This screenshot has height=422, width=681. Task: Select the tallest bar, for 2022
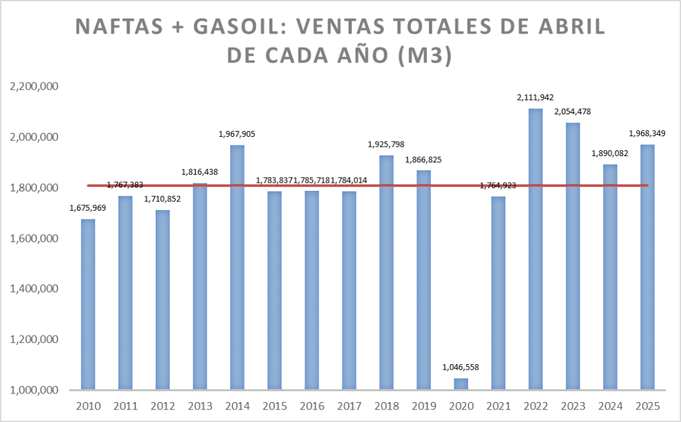click(x=535, y=249)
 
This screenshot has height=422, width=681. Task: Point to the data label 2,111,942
click(x=535, y=98)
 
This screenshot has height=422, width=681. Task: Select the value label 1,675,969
click(x=88, y=208)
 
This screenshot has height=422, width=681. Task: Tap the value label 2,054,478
click(x=573, y=112)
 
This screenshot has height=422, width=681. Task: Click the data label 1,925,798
click(x=386, y=144)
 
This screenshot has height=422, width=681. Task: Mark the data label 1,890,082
click(x=610, y=154)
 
